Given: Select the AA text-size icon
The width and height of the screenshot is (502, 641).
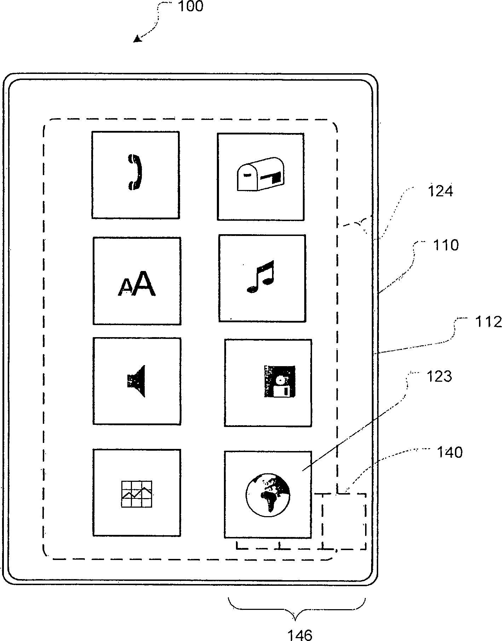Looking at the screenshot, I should [x=137, y=283].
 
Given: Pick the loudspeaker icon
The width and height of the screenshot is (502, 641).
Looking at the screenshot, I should [x=137, y=381].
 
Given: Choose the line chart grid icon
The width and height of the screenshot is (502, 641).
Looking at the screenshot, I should [x=137, y=494].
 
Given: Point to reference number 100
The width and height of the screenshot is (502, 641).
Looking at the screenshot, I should [x=190, y=7].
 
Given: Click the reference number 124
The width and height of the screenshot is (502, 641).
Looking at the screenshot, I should [x=440, y=191].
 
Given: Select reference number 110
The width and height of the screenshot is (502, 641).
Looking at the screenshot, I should [x=445, y=245].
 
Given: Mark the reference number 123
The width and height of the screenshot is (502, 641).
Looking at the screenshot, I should [x=439, y=376].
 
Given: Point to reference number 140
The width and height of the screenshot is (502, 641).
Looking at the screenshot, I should [x=450, y=452].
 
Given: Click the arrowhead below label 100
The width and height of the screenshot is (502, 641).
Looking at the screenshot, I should [x=137, y=40].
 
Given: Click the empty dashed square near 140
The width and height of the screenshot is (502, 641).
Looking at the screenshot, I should [x=344, y=521].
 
